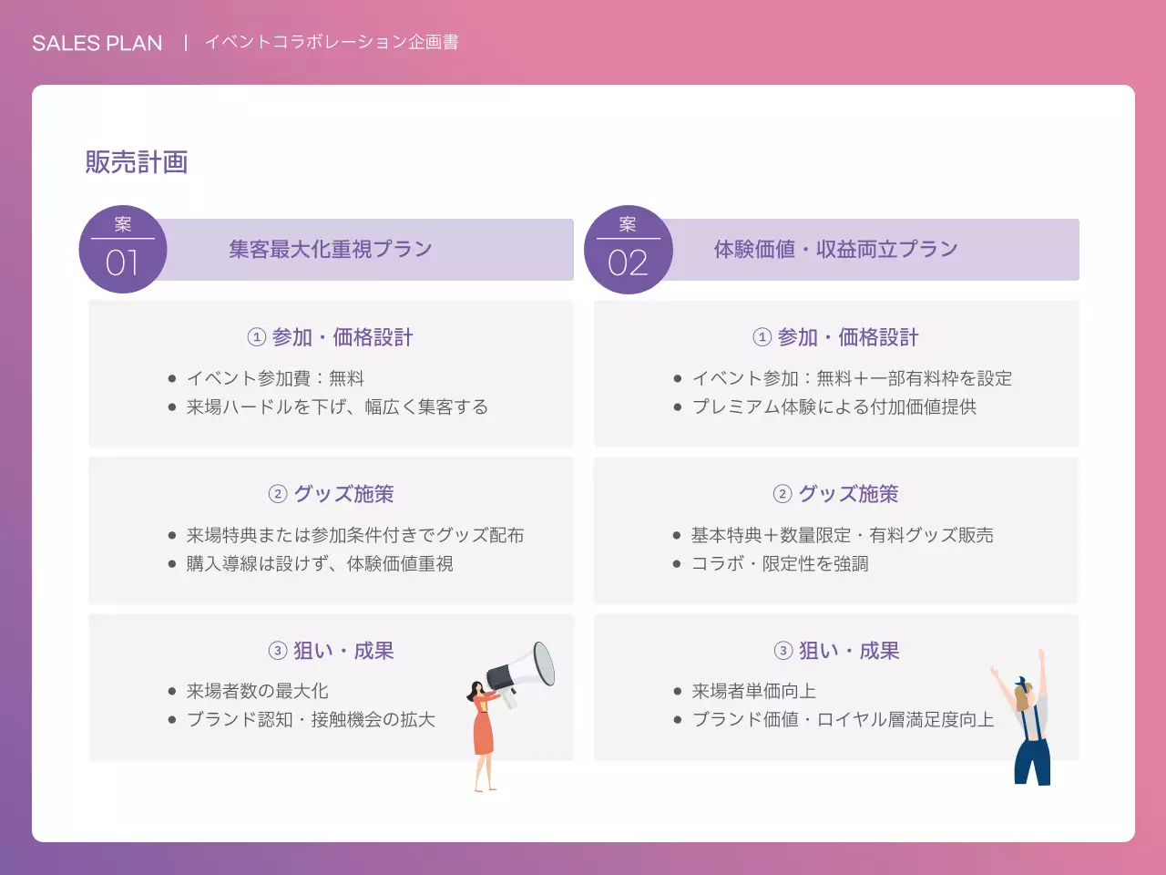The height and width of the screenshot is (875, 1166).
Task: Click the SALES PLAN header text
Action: [97, 43]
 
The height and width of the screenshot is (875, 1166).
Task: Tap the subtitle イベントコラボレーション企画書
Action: [332, 42]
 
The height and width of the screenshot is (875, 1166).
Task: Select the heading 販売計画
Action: [137, 162]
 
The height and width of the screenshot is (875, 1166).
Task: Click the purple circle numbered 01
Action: [123, 250]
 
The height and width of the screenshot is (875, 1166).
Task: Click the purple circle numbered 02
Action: [628, 250]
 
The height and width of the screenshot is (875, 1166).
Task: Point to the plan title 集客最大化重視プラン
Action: [331, 249]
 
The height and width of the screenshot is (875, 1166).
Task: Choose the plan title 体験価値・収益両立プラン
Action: [835, 249]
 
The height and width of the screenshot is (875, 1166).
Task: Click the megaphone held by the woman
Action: [523, 671]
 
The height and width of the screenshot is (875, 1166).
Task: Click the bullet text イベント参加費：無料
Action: [275, 378]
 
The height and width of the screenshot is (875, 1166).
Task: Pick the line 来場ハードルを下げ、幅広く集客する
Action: [337, 407]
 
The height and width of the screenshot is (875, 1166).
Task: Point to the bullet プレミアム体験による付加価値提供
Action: [834, 407]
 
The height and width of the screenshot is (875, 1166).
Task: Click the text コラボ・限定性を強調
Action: [780, 563]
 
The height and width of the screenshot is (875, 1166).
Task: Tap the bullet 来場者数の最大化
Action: [257, 691]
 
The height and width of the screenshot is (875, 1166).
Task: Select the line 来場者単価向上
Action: [753, 691]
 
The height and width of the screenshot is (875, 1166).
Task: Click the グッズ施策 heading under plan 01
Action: [343, 494]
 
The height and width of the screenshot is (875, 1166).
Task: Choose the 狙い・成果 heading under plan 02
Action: [848, 651]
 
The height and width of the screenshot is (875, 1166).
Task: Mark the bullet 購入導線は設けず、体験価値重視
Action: [320, 563]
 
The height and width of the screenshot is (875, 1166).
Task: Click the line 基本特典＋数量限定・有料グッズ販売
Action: [842, 535]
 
